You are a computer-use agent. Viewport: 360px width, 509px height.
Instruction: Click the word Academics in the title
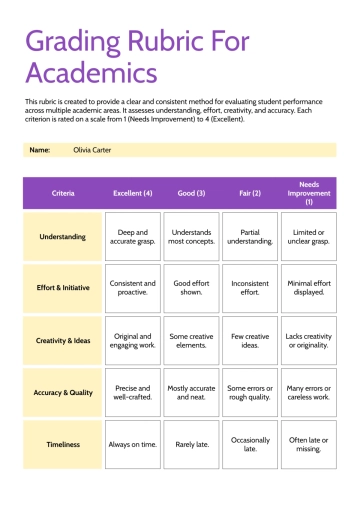click(91, 72)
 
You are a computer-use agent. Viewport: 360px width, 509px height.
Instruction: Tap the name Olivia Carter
click(92, 150)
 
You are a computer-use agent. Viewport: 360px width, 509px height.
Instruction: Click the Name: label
click(40, 150)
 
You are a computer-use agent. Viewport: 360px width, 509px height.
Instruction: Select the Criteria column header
click(62, 193)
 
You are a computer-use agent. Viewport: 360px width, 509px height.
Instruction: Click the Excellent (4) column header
click(133, 193)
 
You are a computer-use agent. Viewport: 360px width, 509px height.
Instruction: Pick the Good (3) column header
click(191, 193)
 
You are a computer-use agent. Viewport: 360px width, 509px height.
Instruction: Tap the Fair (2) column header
click(250, 193)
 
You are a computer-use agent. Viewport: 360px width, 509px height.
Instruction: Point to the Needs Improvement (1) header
click(309, 193)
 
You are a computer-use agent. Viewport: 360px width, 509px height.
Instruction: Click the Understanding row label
click(62, 237)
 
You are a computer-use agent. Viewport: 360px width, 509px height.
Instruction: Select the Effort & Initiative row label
click(62, 289)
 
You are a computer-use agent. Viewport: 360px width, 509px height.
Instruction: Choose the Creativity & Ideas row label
click(62, 341)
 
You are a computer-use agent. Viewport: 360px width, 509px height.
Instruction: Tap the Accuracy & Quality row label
click(62, 393)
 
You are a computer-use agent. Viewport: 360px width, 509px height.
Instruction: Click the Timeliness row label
click(62, 444)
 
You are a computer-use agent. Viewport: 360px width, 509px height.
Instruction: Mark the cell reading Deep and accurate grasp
click(133, 237)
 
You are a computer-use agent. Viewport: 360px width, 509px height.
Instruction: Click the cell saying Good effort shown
click(191, 289)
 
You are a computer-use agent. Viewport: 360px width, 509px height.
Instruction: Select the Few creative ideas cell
click(250, 341)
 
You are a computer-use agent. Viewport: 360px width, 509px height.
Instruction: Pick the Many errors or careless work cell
click(309, 393)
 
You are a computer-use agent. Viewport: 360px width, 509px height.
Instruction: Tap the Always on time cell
click(133, 444)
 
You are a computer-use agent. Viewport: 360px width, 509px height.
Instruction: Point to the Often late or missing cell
click(309, 444)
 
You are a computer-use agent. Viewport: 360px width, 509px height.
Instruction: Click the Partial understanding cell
click(250, 237)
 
